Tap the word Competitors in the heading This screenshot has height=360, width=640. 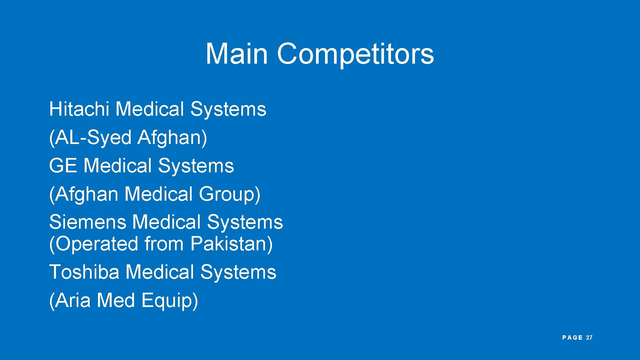pos(355,54)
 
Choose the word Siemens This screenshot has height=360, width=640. pos(88,222)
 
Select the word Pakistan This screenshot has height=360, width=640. pos(230,244)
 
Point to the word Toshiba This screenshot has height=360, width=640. pos(84,272)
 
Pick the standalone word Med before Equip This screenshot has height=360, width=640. pos(116,300)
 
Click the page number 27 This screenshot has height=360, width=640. pos(589,338)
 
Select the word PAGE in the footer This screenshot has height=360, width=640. pos(572,338)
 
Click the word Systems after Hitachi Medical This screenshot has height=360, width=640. pos(228,109)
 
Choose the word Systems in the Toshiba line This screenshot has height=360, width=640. pos(238,272)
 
